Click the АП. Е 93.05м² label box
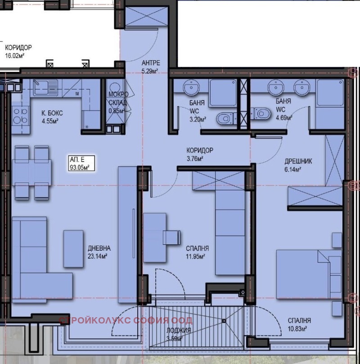[81, 163]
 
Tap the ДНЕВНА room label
[99, 248]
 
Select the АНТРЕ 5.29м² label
[151, 67]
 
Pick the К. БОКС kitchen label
[52, 113]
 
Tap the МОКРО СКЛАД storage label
[118, 98]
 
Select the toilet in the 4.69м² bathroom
[261, 113]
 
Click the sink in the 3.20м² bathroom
[192, 88]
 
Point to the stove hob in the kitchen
[20, 116]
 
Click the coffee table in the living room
[73, 249]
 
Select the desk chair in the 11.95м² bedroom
[171, 238]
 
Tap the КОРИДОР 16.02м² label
[18, 52]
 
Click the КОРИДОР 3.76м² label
[200, 154]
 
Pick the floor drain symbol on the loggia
[224, 321]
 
